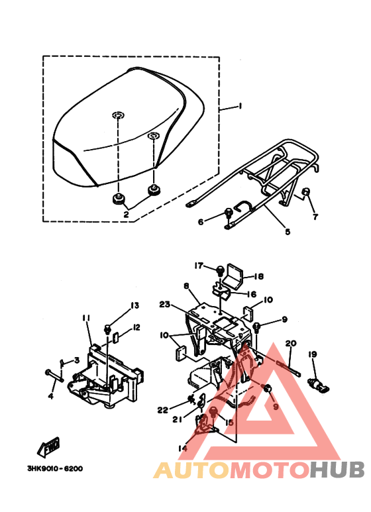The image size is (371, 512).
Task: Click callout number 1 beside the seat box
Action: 240,107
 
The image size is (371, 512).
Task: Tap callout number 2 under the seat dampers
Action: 126,214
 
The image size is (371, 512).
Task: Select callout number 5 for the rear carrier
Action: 288,232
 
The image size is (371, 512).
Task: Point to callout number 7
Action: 315,217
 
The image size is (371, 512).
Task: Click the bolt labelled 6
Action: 229,213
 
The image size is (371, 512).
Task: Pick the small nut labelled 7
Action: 307,192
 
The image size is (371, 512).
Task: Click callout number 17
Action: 199,266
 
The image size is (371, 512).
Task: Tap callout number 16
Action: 252,294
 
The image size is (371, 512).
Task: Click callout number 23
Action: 165,304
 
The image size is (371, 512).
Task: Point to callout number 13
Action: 135,305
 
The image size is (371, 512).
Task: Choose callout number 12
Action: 136,327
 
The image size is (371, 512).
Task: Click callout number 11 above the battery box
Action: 86,318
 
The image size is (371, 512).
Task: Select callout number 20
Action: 291,343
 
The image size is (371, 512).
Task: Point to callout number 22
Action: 162,410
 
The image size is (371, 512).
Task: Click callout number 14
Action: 183,448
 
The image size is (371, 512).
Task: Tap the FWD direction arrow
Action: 49,446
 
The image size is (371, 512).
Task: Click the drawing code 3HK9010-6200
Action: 55,468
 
